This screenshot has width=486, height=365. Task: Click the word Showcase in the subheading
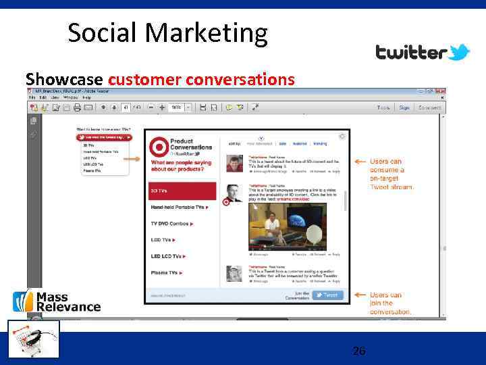64,80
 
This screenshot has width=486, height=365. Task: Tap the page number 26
359,351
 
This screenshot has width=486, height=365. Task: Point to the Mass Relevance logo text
67,302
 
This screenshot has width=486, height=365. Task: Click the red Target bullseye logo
160,146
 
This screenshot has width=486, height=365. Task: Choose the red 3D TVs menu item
182,191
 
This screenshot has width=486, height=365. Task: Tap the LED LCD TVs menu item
168,256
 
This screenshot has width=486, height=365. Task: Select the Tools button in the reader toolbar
383,107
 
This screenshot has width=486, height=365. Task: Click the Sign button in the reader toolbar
404,107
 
